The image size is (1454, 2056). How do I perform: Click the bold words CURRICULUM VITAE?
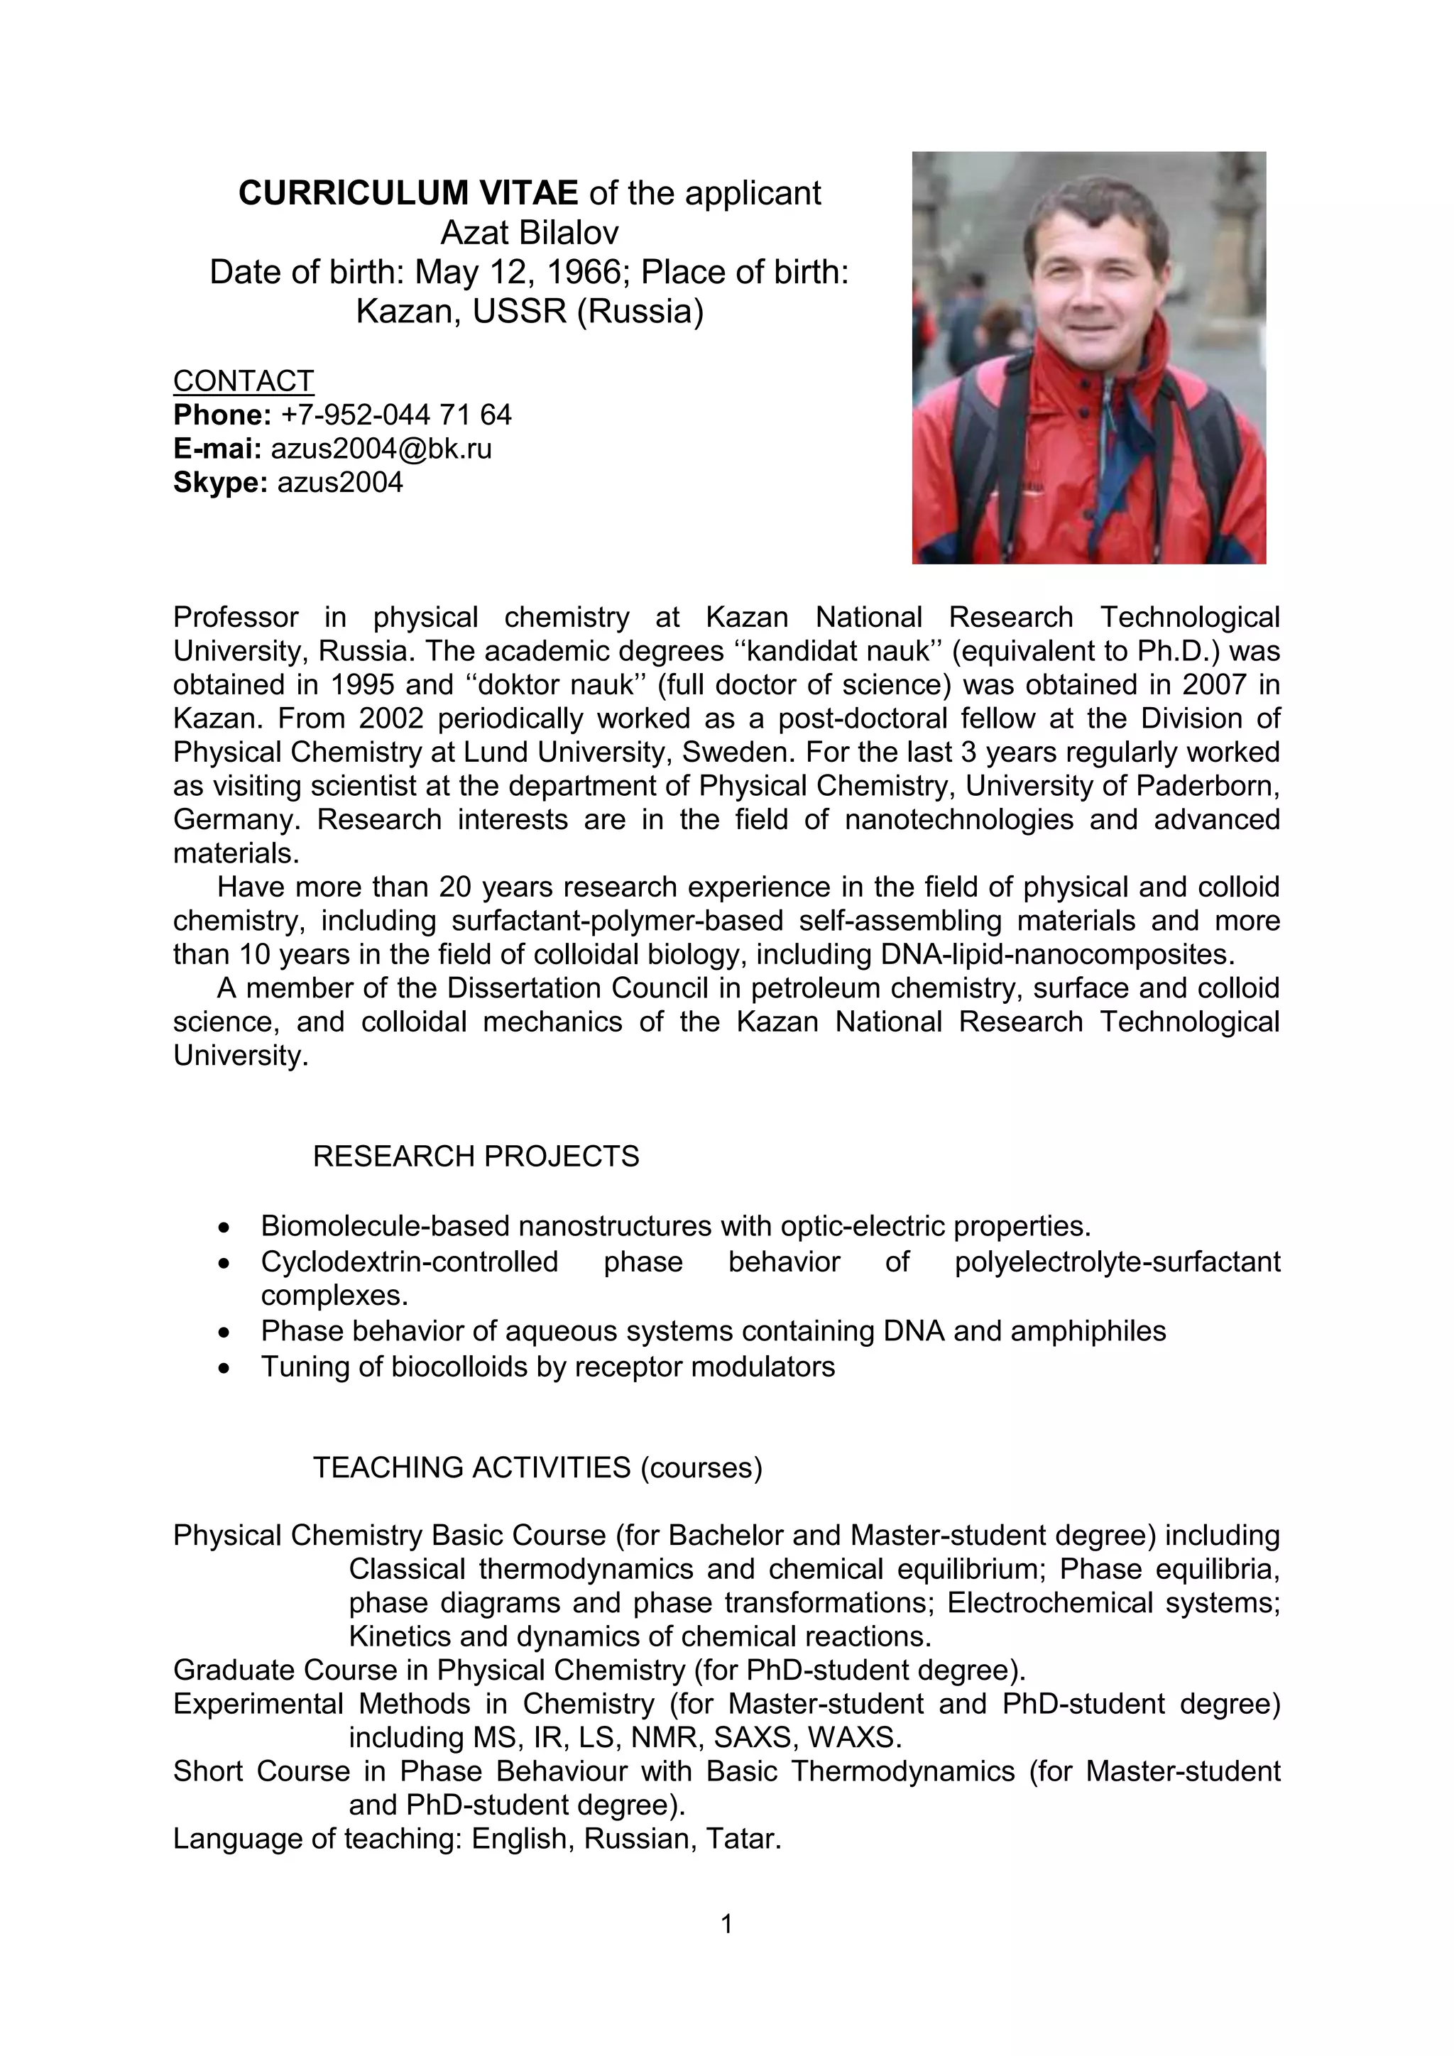[408, 193]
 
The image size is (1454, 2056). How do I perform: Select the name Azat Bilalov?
[529, 233]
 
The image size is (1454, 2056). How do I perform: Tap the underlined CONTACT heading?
[243, 381]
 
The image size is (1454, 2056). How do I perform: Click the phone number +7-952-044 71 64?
[395, 415]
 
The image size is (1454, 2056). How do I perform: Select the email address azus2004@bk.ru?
[381, 449]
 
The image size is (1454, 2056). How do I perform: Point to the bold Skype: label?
[220, 483]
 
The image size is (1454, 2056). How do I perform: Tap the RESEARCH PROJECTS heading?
[476, 1156]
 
